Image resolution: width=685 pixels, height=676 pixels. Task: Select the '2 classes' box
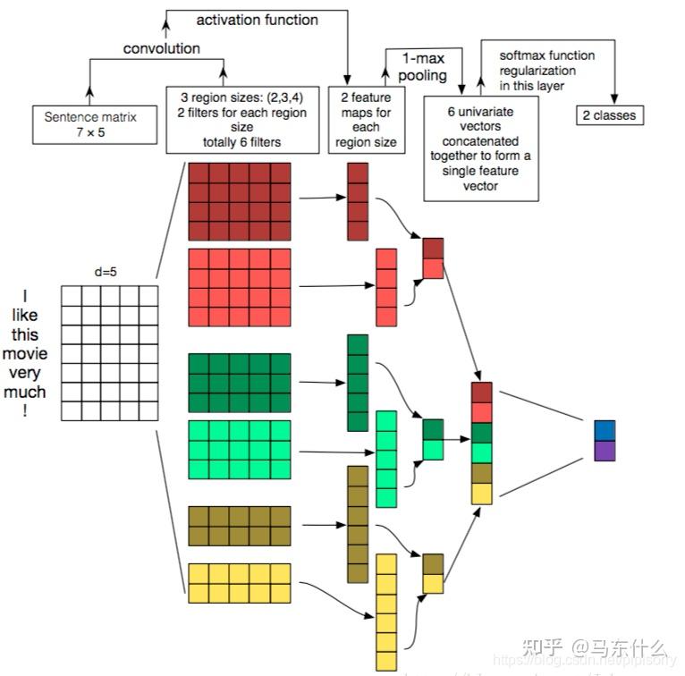609,114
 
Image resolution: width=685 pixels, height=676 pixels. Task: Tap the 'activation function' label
256,19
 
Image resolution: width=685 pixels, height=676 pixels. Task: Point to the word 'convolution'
162,48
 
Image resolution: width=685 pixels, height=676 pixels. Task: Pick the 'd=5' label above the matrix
106,271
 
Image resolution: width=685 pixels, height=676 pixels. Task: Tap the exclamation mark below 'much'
25,410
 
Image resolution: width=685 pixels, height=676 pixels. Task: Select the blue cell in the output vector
605,430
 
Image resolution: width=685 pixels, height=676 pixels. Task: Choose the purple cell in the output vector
605,450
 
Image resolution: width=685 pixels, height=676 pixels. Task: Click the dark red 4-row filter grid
239,202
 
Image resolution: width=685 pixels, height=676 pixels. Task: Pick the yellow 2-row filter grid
239,582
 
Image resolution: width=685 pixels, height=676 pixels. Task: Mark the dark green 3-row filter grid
239,383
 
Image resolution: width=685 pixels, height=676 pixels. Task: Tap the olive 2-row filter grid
239,525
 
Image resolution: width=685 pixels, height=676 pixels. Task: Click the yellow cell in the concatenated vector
481,493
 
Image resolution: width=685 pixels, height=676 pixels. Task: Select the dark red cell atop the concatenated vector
481,392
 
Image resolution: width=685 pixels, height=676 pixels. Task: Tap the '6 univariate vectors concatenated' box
482,148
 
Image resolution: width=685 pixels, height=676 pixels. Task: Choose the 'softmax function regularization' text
546,70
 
